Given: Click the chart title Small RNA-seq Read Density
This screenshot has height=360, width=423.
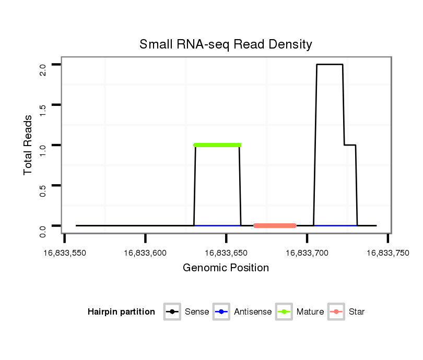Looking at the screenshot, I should pyautogui.click(x=226, y=44).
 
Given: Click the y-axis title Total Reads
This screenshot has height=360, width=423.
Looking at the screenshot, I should pyautogui.click(x=28, y=145).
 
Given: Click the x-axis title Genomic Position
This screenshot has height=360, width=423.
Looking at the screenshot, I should pyautogui.click(x=226, y=268).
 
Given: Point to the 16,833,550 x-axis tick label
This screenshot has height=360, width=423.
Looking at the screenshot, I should pyautogui.click(x=65, y=253).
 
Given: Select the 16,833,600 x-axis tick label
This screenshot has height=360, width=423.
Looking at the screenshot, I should pyautogui.click(x=145, y=253).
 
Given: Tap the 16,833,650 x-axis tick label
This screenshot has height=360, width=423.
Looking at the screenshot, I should pyautogui.click(x=226, y=253).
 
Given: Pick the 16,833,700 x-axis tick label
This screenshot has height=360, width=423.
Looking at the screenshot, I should pyautogui.click(x=307, y=253).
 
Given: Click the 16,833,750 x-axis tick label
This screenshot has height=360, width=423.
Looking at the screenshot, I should pyautogui.click(x=387, y=253).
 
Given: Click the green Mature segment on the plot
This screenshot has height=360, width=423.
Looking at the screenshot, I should pyautogui.click(x=217, y=145).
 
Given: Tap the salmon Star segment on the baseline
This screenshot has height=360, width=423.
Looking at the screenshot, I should pyautogui.click(x=275, y=225).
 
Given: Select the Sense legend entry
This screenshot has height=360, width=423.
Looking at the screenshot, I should pyautogui.click(x=187, y=312).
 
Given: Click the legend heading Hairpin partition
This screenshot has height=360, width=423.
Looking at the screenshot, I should pyautogui.click(x=121, y=312).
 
